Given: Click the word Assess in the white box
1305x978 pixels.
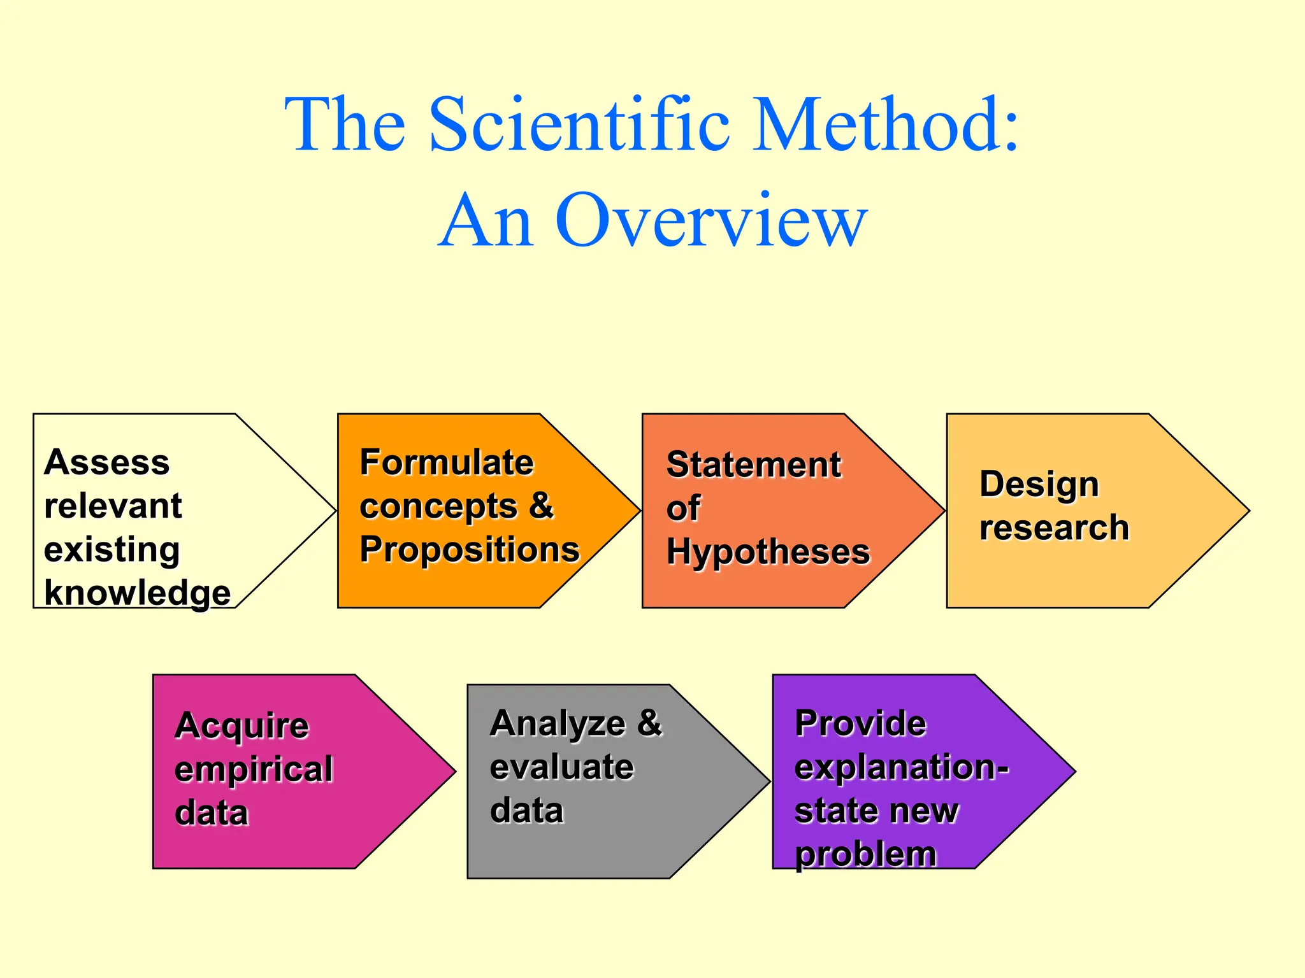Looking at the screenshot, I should pyautogui.click(x=107, y=462).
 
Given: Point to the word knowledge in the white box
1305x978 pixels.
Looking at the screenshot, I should pyautogui.click(x=137, y=593).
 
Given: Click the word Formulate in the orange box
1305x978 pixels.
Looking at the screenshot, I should pyautogui.click(x=446, y=462).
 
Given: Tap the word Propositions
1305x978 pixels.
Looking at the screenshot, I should pyautogui.click(x=470, y=549).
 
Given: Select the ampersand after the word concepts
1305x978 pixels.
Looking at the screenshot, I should pyautogui.click(x=541, y=506).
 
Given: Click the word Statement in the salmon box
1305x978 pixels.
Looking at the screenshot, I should pyautogui.click(x=753, y=465).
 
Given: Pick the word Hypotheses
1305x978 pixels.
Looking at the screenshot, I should pyautogui.click(x=768, y=552).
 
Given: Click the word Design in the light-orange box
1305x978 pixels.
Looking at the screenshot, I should pyautogui.click(x=1039, y=485).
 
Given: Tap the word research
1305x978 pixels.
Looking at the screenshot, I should pyautogui.click(x=1054, y=528).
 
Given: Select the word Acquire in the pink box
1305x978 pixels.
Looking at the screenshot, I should pyautogui.click(x=242, y=726).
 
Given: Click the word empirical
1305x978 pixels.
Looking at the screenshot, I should pyautogui.click(x=254, y=769).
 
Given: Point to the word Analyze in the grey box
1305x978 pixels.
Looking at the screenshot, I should pyautogui.click(x=558, y=724).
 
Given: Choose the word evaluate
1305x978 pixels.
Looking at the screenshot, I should pyautogui.click(x=561, y=767).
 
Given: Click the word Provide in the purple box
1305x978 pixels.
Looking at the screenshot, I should pyautogui.click(x=860, y=724).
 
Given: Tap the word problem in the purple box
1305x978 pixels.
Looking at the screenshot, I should pyautogui.click(x=865, y=854).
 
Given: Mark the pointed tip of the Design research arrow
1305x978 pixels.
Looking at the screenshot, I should pyautogui.click(x=1248, y=511).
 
